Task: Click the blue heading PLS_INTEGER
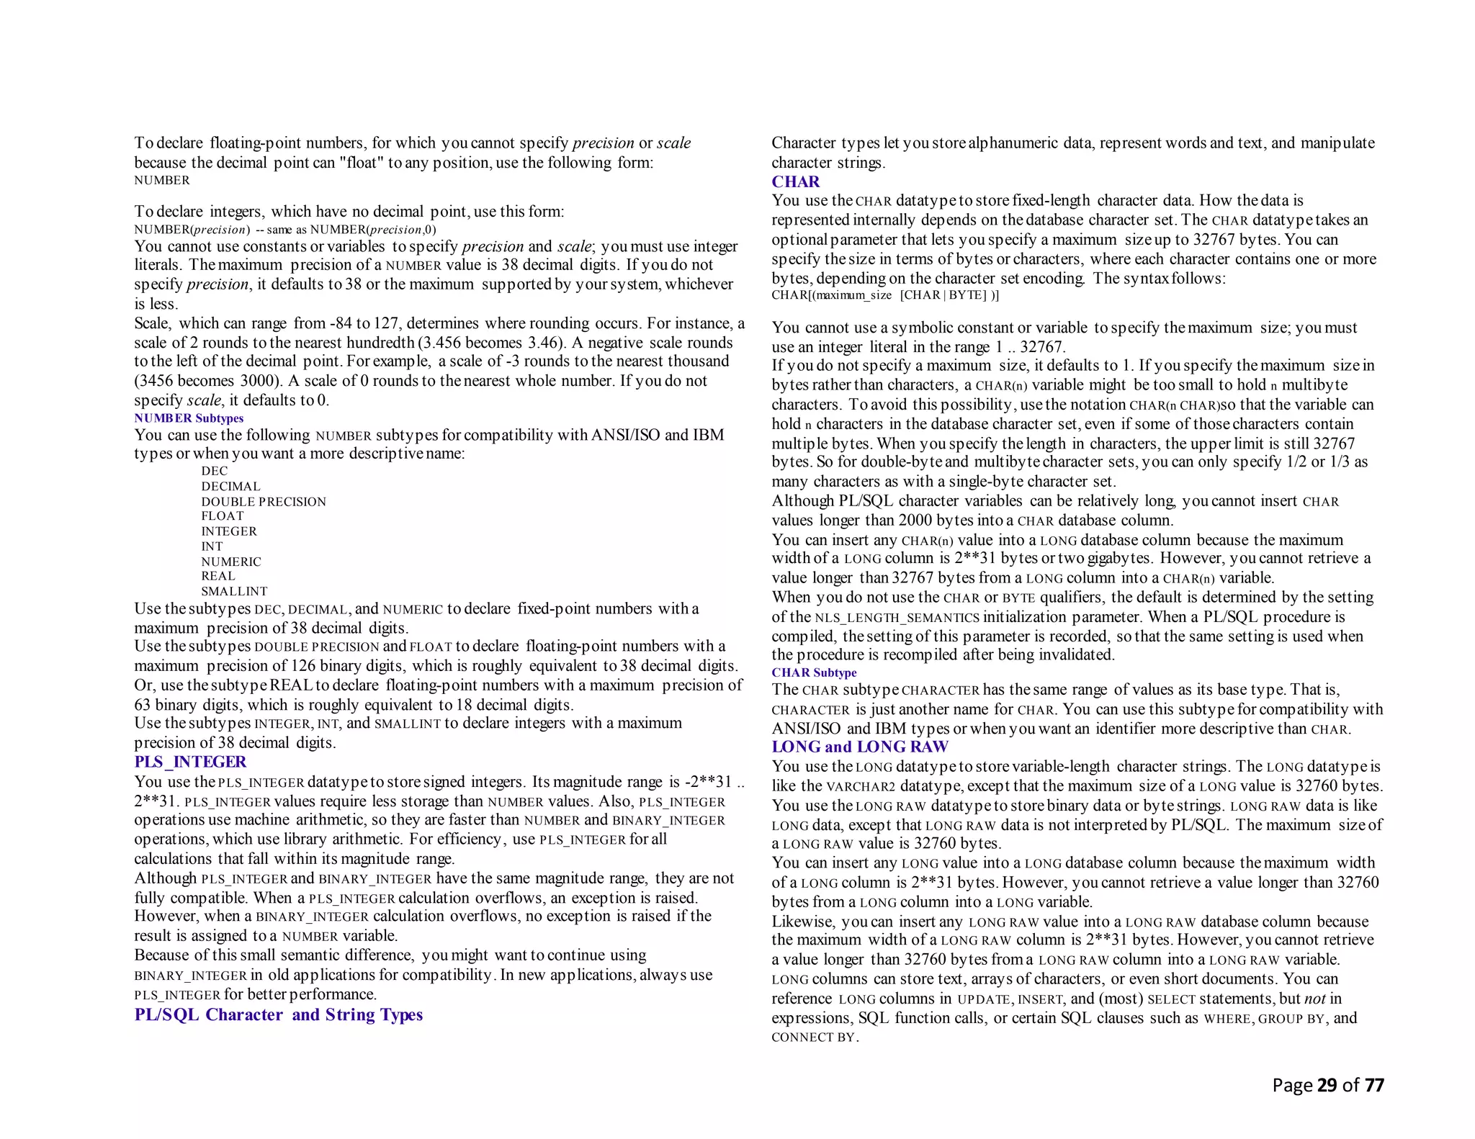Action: click(190, 762)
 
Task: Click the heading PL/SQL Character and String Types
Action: click(278, 1014)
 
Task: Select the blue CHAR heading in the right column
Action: click(795, 181)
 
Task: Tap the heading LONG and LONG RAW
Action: click(860, 747)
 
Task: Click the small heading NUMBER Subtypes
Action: click(189, 418)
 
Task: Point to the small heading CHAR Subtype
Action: click(814, 672)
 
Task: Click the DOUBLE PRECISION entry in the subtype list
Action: click(264, 502)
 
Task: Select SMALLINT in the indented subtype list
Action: click(234, 591)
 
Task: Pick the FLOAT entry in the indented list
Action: click(223, 516)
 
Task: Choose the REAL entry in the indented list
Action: click(218, 576)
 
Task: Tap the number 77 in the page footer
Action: click(1374, 1085)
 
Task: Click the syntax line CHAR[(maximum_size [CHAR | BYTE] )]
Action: click(884, 295)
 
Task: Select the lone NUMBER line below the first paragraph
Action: click(162, 181)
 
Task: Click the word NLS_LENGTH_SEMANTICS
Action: click(897, 618)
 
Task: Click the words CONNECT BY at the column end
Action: click(813, 1037)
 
